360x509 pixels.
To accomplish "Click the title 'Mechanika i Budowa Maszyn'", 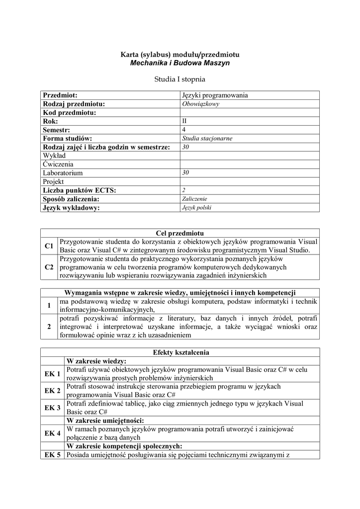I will point(180,63).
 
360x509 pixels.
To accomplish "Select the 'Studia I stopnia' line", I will point(180,79).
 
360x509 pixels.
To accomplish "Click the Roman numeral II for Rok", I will point(185,121).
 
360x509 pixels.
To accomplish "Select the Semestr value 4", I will point(184,130).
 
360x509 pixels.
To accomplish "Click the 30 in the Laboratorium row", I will point(186,172).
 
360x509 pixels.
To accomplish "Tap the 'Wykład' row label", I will point(55,156).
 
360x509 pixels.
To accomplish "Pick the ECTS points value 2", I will point(184,190).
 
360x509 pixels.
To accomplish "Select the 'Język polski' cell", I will point(197,207).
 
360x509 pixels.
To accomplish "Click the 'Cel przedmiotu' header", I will point(180,233).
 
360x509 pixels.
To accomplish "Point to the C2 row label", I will point(49,267).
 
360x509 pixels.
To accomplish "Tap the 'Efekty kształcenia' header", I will point(180,352).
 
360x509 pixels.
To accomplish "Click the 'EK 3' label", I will point(52,408).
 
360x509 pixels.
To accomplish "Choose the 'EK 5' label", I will point(52,454).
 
